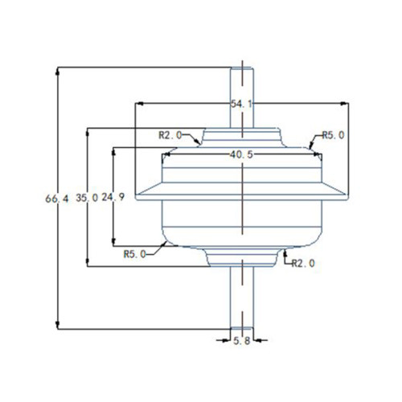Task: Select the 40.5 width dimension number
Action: click(x=242, y=155)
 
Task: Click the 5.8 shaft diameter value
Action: click(x=242, y=342)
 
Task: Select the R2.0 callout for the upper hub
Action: click(x=172, y=135)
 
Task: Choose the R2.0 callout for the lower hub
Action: click(x=302, y=263)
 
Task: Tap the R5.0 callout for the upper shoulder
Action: click(x=333, y=135)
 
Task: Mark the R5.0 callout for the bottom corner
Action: click(x=135, y=254)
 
